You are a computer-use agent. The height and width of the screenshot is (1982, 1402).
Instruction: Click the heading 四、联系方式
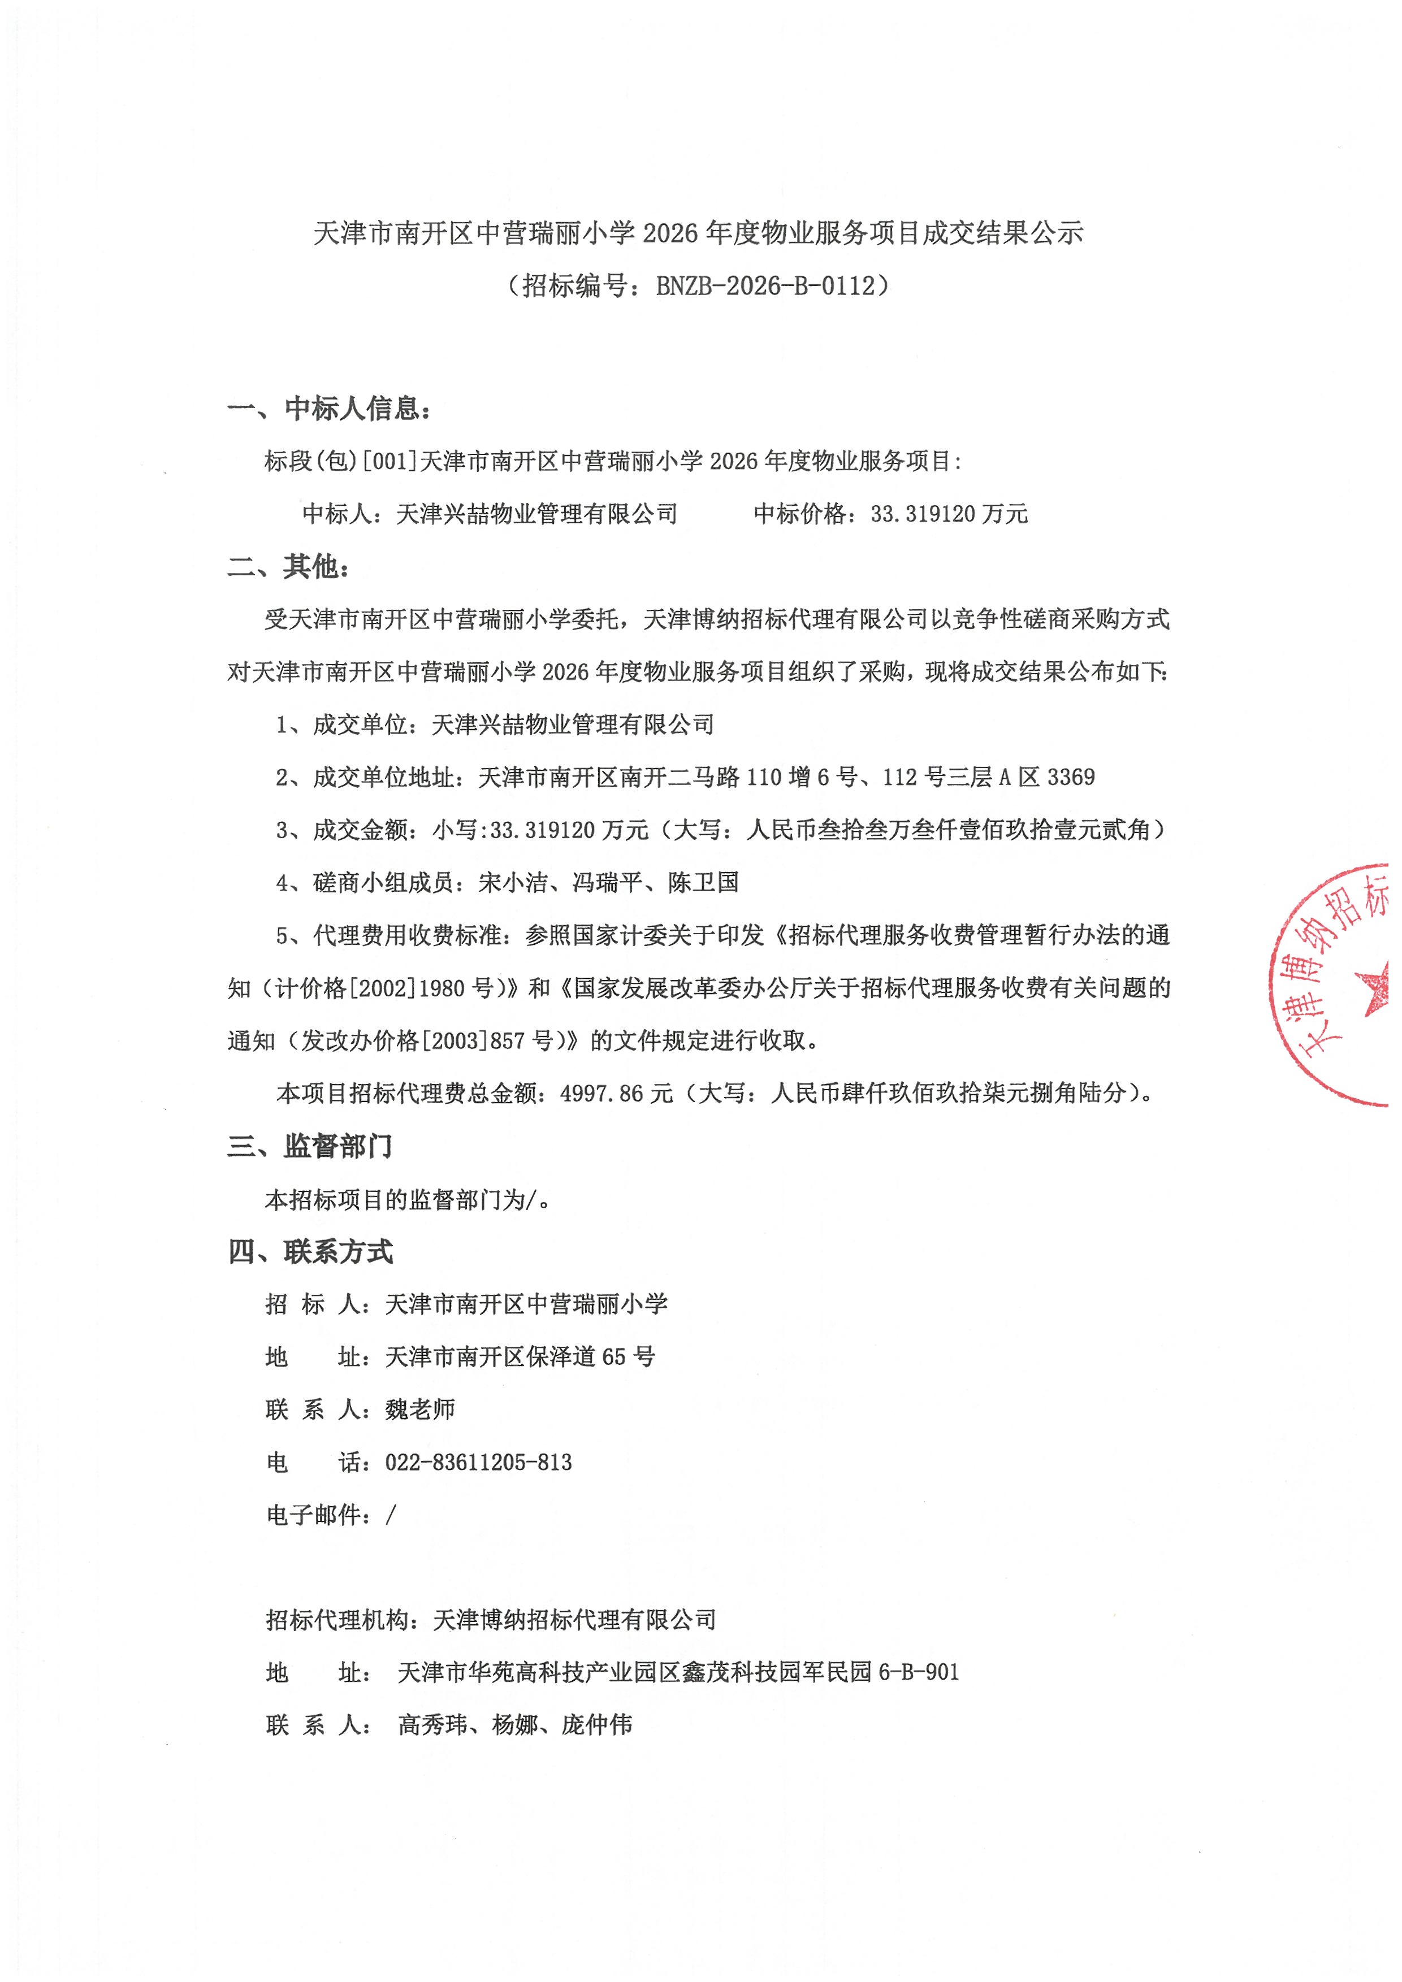tap(310, 1252)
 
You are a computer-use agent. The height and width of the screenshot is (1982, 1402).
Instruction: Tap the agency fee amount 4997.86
tap(601, 1094)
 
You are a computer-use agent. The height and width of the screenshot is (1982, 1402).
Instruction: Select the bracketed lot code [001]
tap(390, 461)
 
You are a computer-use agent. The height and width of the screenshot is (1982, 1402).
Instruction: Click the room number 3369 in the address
tap(1071, 777)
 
